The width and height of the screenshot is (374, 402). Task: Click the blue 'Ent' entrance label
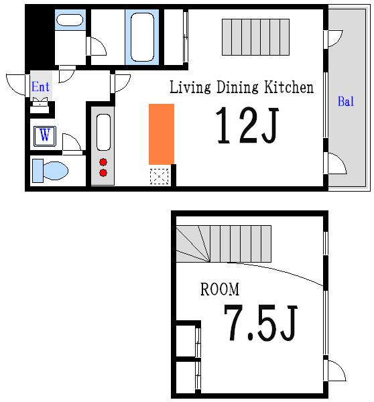tap(40, 86)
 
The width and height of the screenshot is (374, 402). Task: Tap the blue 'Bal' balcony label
tap(346, 101)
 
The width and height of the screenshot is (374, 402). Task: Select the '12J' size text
tap(247, 125)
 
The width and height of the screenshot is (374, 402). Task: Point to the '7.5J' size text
tap(260, 323)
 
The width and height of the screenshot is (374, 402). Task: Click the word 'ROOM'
tap(220, 289)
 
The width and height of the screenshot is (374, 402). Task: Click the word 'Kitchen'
tap(289, 87)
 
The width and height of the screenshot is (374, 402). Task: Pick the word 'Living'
tap(190, 87)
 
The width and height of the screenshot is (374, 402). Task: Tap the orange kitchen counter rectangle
tap(162, 134)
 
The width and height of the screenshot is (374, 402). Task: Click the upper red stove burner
tap(103, 162)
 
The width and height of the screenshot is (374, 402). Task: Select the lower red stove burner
tap(103, 173)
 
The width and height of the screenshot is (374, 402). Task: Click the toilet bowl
tap(56, 170)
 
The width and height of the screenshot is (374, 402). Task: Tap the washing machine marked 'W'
tap(45, 136)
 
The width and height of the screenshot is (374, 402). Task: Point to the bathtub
tap(142, 37)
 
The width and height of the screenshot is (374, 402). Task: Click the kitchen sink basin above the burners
tap(103, 132)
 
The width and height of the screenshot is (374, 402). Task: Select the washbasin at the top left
tap(70, 20)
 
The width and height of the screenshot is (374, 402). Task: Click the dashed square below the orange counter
tap(159, 176)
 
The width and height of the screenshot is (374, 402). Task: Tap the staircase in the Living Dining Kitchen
tap(255, 37)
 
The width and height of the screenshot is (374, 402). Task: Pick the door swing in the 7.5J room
tap(337, 371)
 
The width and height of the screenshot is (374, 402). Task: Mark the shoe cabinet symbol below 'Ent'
tap(40, 105)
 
